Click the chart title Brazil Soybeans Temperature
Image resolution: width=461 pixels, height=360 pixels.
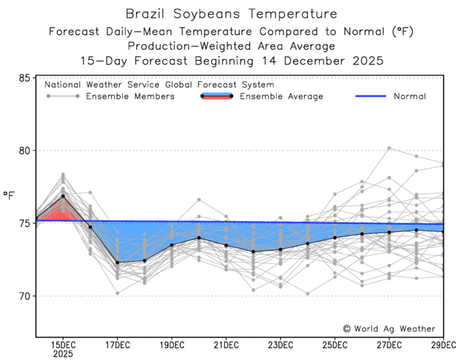(230, 13)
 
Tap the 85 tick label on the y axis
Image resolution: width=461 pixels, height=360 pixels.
(24, 78)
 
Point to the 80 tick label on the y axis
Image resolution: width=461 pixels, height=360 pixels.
(24, 151)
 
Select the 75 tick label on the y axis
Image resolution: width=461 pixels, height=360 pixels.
(24, 223)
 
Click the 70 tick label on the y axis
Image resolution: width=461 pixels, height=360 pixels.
(24, 296)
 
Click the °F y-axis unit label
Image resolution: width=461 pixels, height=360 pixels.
(9, 195)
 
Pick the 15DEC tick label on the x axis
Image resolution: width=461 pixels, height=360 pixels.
(63, 344)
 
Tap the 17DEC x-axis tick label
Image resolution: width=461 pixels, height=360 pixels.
(117, 344)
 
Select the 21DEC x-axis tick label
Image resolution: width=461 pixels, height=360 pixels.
(226, 344)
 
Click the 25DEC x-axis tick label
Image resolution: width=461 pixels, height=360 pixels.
(334, 344)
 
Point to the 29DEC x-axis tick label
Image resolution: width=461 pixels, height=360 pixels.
(442, 344)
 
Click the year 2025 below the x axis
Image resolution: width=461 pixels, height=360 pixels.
(63, 355)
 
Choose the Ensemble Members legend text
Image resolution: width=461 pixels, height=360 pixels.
(130, 97)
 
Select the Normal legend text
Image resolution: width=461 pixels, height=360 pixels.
(409, 97)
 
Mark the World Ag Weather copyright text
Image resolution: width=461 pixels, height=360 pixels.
(389, 329)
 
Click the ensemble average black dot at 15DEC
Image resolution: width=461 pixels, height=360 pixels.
(63, 196)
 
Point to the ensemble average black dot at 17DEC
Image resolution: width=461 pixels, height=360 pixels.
(117, 262)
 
